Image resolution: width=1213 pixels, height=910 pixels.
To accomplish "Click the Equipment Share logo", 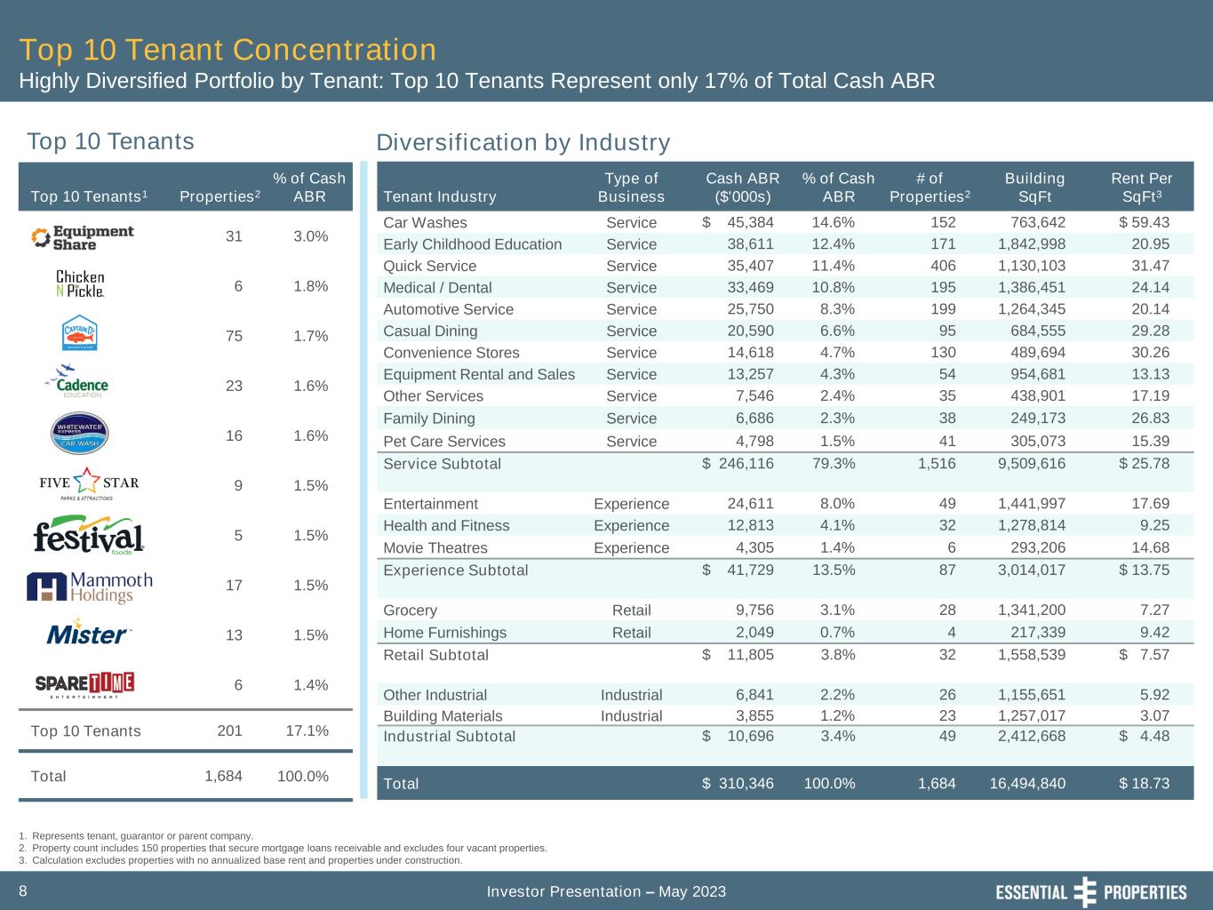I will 83,237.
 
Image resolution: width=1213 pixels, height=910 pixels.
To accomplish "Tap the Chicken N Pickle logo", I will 80,284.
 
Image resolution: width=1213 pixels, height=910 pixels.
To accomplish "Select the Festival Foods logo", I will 88,536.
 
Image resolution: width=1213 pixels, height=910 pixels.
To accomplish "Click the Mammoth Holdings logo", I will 90,587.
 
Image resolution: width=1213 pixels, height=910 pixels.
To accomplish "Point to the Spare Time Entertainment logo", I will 84,684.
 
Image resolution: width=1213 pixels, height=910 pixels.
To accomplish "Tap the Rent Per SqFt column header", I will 1141,187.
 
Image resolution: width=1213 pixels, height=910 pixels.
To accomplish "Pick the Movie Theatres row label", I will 435,547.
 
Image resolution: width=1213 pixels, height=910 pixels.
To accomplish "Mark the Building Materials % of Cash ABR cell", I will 834,715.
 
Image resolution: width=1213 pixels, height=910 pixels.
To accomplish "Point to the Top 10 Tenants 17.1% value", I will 307,730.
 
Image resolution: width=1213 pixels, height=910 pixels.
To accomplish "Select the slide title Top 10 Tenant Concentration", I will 227,50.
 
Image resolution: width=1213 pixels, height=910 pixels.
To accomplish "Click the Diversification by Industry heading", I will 523,142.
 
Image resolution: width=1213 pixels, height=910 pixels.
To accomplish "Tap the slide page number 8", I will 23,890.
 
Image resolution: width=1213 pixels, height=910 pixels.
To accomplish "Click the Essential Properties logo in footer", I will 1090,891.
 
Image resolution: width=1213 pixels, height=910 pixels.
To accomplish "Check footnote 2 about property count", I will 283,848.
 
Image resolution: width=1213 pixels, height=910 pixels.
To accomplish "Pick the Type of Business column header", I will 631,187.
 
